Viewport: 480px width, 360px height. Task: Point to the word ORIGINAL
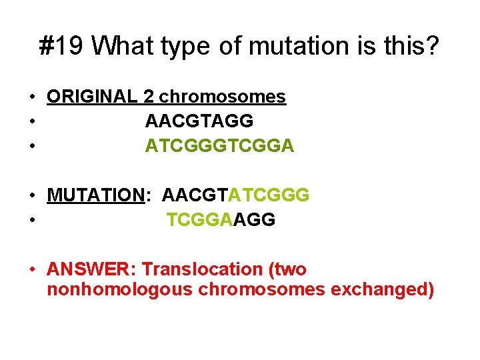coord(92,97)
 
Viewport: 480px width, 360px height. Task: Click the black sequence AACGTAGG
coord(199,121)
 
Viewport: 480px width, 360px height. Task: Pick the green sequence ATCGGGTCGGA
coord(219,146)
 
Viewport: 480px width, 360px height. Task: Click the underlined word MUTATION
coord(96,195)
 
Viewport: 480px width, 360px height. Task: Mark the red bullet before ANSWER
coord(32,270)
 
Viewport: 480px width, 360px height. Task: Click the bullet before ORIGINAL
coord(32,97)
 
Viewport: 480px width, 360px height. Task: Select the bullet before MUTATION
coord(32,196)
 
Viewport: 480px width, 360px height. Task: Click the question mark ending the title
coord(431,46)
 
